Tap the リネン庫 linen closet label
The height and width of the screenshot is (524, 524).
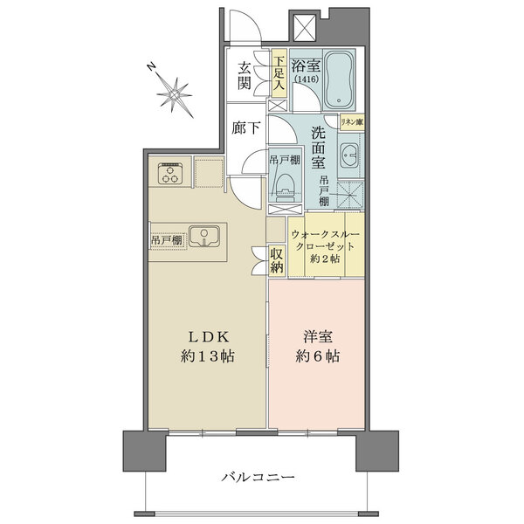(x=351, y=124)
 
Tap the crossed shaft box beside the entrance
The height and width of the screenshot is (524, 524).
(x=305, y=27)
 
